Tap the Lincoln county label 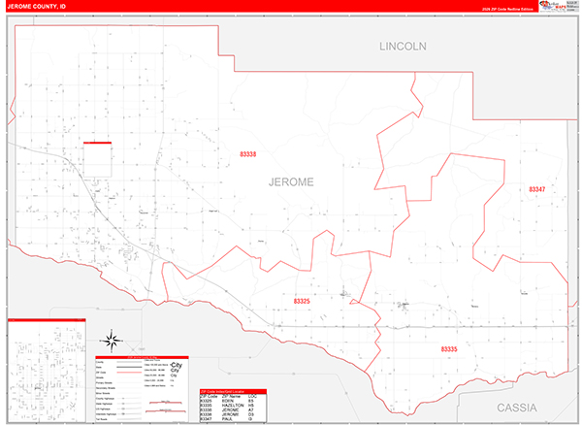pos(403,46)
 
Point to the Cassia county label pos(523,407)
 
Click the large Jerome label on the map pos(291,180)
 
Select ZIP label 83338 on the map pos(248,154)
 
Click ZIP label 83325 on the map pos(302,302)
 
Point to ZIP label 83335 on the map pos(449,347)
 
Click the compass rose pos(111,341)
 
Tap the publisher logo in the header pos(558,6)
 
